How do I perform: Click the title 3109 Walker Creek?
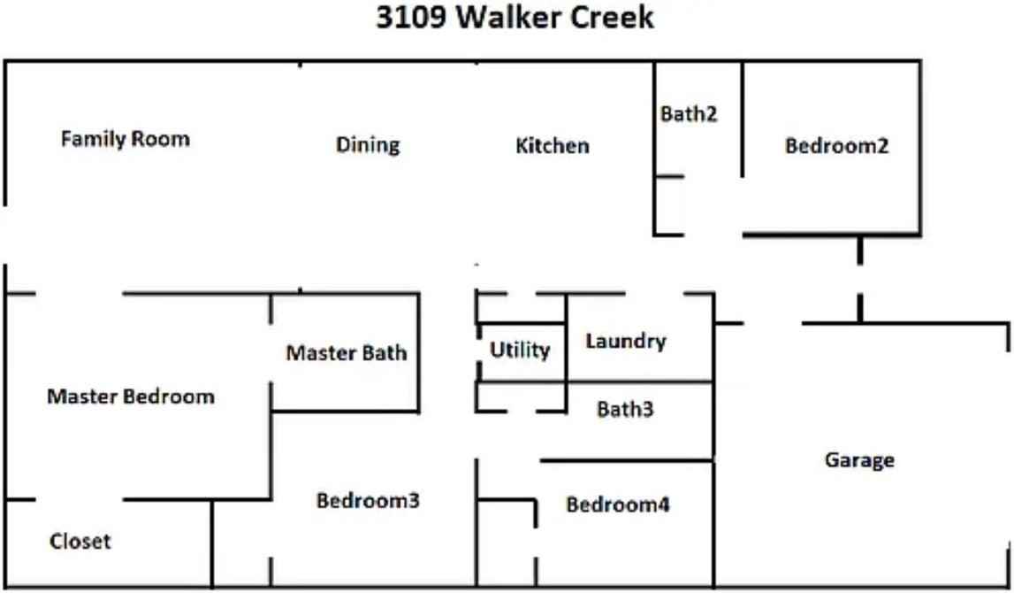tap(515, 19)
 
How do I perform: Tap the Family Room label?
tap(125, 139)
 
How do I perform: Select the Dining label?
tap(368, 145)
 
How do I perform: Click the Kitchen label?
tap(553, 146)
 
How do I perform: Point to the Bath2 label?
tap(689, 114)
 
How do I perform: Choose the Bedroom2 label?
tap(836, 147)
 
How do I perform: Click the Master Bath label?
tap(347, 353)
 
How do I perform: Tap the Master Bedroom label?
tap(130, 397)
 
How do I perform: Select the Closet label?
tap(80, 541)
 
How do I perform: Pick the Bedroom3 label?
tap(368, 501)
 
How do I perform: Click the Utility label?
tap(520, 350)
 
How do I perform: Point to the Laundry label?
tap(625, 342)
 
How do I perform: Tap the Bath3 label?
tap(625, 410)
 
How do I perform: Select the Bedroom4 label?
tap(618, 505)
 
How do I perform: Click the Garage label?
tap(859, 460)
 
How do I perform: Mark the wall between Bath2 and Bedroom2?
tap(742, 119)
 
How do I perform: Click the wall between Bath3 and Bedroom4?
tap(626, 460)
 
